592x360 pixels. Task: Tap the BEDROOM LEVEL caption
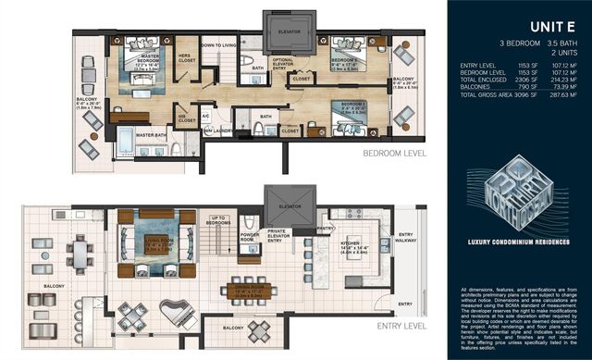[395, 153]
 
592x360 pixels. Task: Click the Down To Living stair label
[219, 44]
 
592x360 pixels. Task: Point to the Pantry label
[325, 227]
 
